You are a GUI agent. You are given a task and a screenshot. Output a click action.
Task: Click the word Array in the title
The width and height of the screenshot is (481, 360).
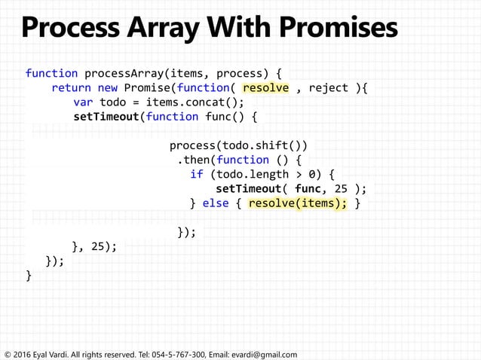tap(176, 28)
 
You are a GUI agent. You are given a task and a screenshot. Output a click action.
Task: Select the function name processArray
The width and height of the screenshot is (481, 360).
tap(120, 73)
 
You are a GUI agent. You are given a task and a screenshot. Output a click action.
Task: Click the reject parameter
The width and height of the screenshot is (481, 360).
tap(329, 87)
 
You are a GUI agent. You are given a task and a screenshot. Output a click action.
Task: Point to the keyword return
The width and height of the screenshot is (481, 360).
tap(71, 87)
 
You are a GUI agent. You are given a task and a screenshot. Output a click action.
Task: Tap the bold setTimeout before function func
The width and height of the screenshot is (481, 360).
tap(106, 116)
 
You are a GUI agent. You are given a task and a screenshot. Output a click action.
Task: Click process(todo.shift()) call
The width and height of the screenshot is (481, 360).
tap(238, 145)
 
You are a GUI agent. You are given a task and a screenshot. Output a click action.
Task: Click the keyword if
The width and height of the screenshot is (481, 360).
tap(197, 174)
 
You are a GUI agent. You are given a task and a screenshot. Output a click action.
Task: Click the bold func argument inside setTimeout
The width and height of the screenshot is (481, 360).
tap(308, 188)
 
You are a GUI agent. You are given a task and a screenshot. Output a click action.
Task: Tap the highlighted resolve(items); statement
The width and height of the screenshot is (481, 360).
tap(298, 203)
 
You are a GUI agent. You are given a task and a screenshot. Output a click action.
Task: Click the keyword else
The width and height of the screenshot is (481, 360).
tap(216, 203)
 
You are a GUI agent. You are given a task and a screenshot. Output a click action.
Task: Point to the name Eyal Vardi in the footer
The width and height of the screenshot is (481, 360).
tap(51, 354)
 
